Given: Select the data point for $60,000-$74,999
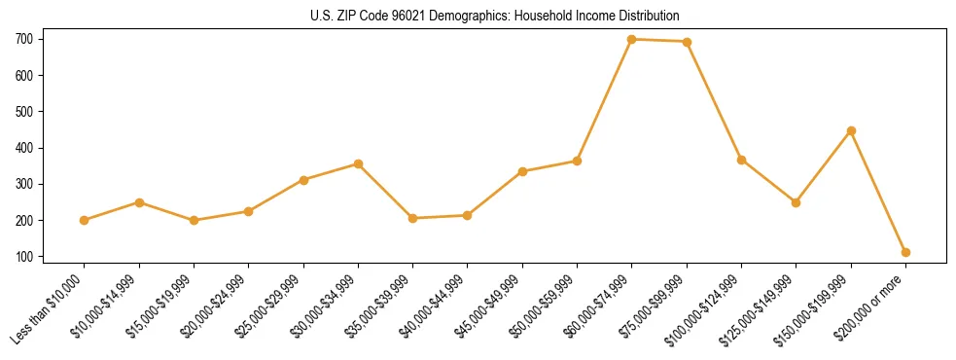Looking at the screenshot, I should tap(632, 39).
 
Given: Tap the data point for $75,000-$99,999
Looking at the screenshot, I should tap(687, 42).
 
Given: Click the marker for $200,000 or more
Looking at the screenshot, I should tap(905, 252).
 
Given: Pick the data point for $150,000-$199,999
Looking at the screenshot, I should tap(851, 130).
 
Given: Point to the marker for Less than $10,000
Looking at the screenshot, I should tap(85, 220).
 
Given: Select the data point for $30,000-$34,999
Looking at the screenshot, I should tap(358, 164).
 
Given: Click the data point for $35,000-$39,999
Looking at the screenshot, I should tap(413, 218).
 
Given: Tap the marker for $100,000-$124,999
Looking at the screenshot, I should tap(741, 160).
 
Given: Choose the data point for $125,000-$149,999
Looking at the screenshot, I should tap(796, 202).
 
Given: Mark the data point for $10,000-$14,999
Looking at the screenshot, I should tap(139, 202).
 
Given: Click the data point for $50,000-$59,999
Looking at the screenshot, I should tap(577, 161).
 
